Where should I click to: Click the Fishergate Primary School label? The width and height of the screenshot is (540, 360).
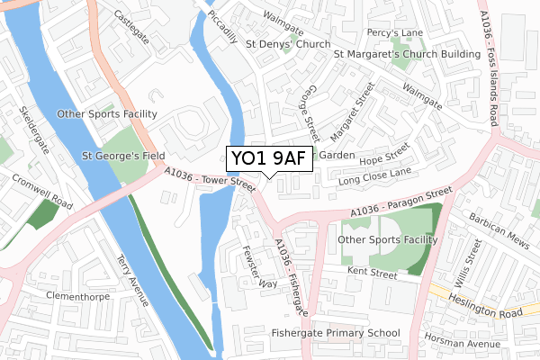[336, 333]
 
